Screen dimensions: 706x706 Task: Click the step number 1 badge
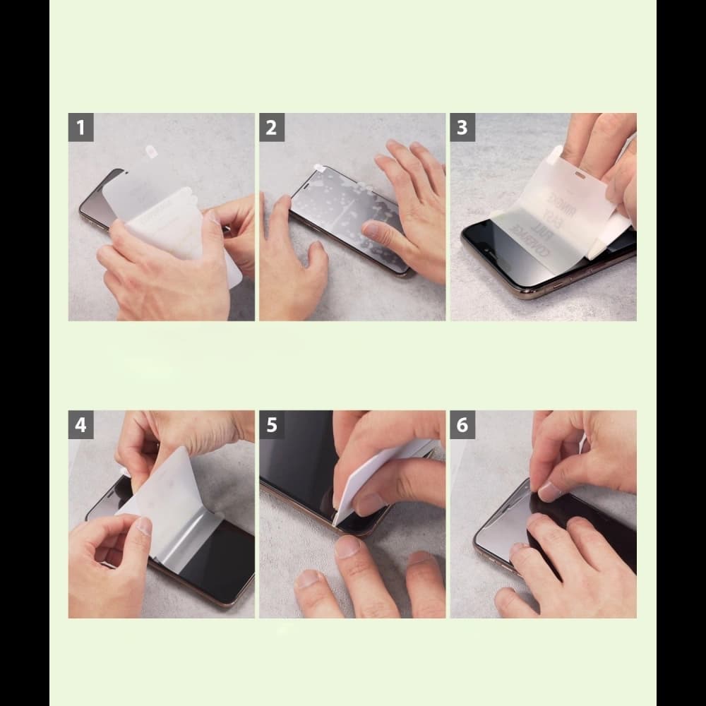click(81, 128)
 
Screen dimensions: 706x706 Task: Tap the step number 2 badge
click(272, 128)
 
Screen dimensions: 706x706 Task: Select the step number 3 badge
click(462, 128)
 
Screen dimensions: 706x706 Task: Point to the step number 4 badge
click(81, 425)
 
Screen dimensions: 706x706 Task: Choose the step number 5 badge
click(272, 425)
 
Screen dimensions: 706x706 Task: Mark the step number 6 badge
click(462, 425)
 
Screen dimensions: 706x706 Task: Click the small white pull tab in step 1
click(150, 152)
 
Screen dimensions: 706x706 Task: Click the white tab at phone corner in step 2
click(319, 169)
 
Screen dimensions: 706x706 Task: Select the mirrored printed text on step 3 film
click(544, 212)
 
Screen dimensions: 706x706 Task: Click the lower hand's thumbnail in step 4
click(143, 526)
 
